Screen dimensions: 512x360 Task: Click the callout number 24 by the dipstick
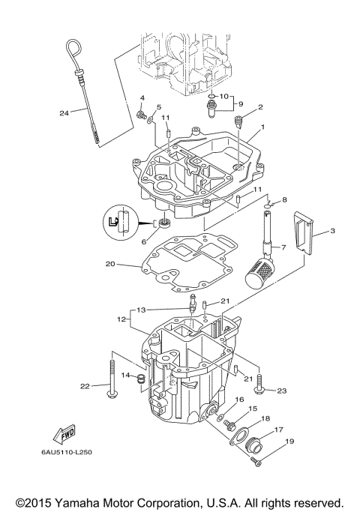(x=64, y=113)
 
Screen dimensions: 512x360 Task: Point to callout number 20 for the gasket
(x=110, y=264)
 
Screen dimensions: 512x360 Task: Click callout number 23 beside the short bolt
(x=282, y=391)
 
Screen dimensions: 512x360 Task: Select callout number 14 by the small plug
(x=126, y=375)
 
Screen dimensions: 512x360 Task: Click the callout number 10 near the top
(x=223, y=95)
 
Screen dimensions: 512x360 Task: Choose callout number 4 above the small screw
(x=141, y=98)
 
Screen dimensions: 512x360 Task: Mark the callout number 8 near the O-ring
(x=284, y=201)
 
